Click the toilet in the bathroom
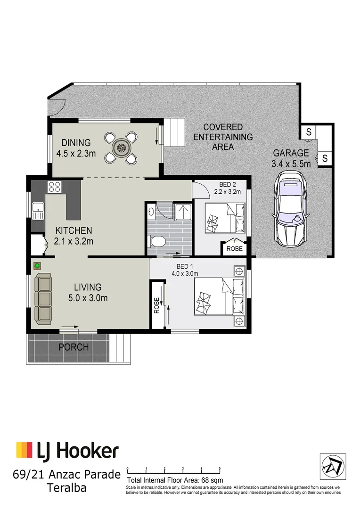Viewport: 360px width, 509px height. click(x=156, y=241)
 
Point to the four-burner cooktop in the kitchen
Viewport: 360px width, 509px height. click(x=54, y=187)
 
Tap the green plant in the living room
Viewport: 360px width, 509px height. click(x=37, y=266)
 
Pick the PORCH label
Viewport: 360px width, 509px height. click(x=73, y=347)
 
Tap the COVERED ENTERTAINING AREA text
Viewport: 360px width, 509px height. click(x=223, y=137)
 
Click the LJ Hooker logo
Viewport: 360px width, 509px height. click(x=67, y=451)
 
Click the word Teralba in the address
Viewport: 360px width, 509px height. click(x=67, y=487)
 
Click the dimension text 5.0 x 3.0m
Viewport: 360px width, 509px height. click(x=88, y=298)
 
